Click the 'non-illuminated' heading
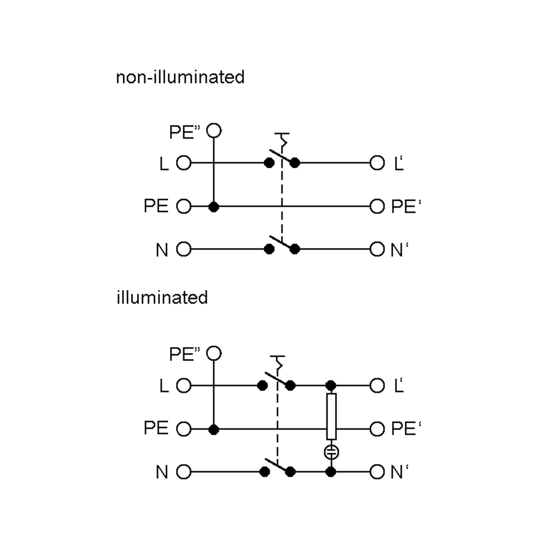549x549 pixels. tap(180, 77)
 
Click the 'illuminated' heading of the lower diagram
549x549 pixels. tap(162, 298)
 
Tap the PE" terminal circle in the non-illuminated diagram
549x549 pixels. tap(214, 131)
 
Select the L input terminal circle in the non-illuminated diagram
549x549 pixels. tap(183, 163)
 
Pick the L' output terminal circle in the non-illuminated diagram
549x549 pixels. tap(377, 163)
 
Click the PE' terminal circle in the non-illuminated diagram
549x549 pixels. tap(377, 206)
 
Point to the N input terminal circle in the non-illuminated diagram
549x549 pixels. tap(183, 249)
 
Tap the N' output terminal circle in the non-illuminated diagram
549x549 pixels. tap(377, 249)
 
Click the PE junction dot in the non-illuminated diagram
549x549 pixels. tap(214, 207)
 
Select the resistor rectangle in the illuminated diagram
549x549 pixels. tap(331, 417)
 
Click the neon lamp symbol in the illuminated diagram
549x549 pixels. tap(331, 452)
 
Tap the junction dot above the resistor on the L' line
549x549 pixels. tap(331, 386)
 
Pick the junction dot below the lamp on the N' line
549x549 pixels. tap(331, 472)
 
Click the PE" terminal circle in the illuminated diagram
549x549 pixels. tap(214, 353)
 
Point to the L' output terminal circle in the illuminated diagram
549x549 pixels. tap(377, 386)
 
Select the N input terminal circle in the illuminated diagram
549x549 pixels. tap(183, 472)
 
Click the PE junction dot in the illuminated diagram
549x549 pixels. tap(214, 429)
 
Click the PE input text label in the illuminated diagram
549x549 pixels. tap(156, 428)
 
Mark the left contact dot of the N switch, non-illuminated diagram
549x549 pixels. tap(269, 249)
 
